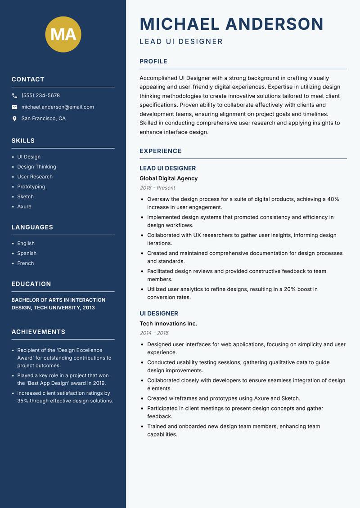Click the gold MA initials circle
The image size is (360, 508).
pos(63,34)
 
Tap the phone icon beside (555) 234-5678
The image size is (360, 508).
pos(14,96)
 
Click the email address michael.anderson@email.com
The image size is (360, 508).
pos(58,107)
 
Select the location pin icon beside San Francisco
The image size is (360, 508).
pos(14,119)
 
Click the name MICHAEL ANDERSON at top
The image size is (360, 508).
pos(232,24)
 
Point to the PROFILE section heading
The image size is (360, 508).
pos(153,61)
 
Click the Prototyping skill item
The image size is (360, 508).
pos(31,187)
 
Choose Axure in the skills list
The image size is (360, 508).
pos(24,206)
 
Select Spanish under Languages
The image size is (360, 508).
pos(27,253)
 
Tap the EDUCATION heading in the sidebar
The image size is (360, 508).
pos(31,284)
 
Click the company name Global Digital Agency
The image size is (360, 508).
pos(168,178)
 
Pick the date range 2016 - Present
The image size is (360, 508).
pos(157,188)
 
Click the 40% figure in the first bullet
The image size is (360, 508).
pos(333,199)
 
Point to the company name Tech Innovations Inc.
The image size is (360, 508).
pos(168,324)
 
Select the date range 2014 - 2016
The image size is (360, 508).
pos(154,333)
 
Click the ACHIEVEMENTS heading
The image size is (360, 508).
pos(38,332)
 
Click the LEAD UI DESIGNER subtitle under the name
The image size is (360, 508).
pos(181,42)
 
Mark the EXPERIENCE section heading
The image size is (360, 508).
pos(161,151)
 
